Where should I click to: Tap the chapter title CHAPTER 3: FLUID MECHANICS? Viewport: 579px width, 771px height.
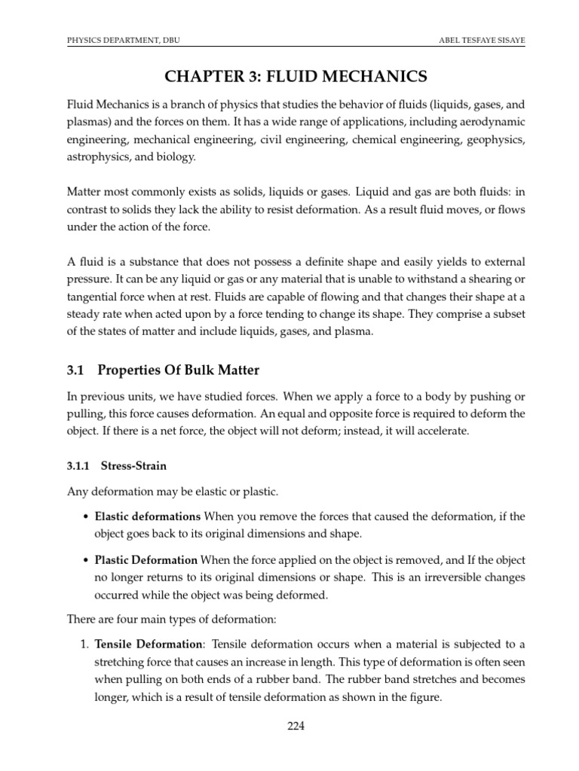pos(289,76)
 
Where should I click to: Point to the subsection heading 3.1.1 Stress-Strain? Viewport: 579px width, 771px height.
pos(112,467)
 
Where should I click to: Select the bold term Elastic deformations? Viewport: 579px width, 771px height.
pos(147,516)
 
